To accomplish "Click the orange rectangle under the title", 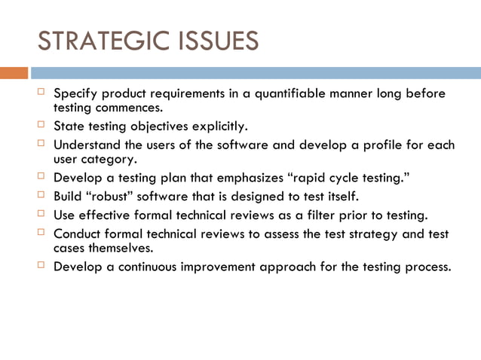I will click(x=14, y=73).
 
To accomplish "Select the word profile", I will click(x=384, y=145).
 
